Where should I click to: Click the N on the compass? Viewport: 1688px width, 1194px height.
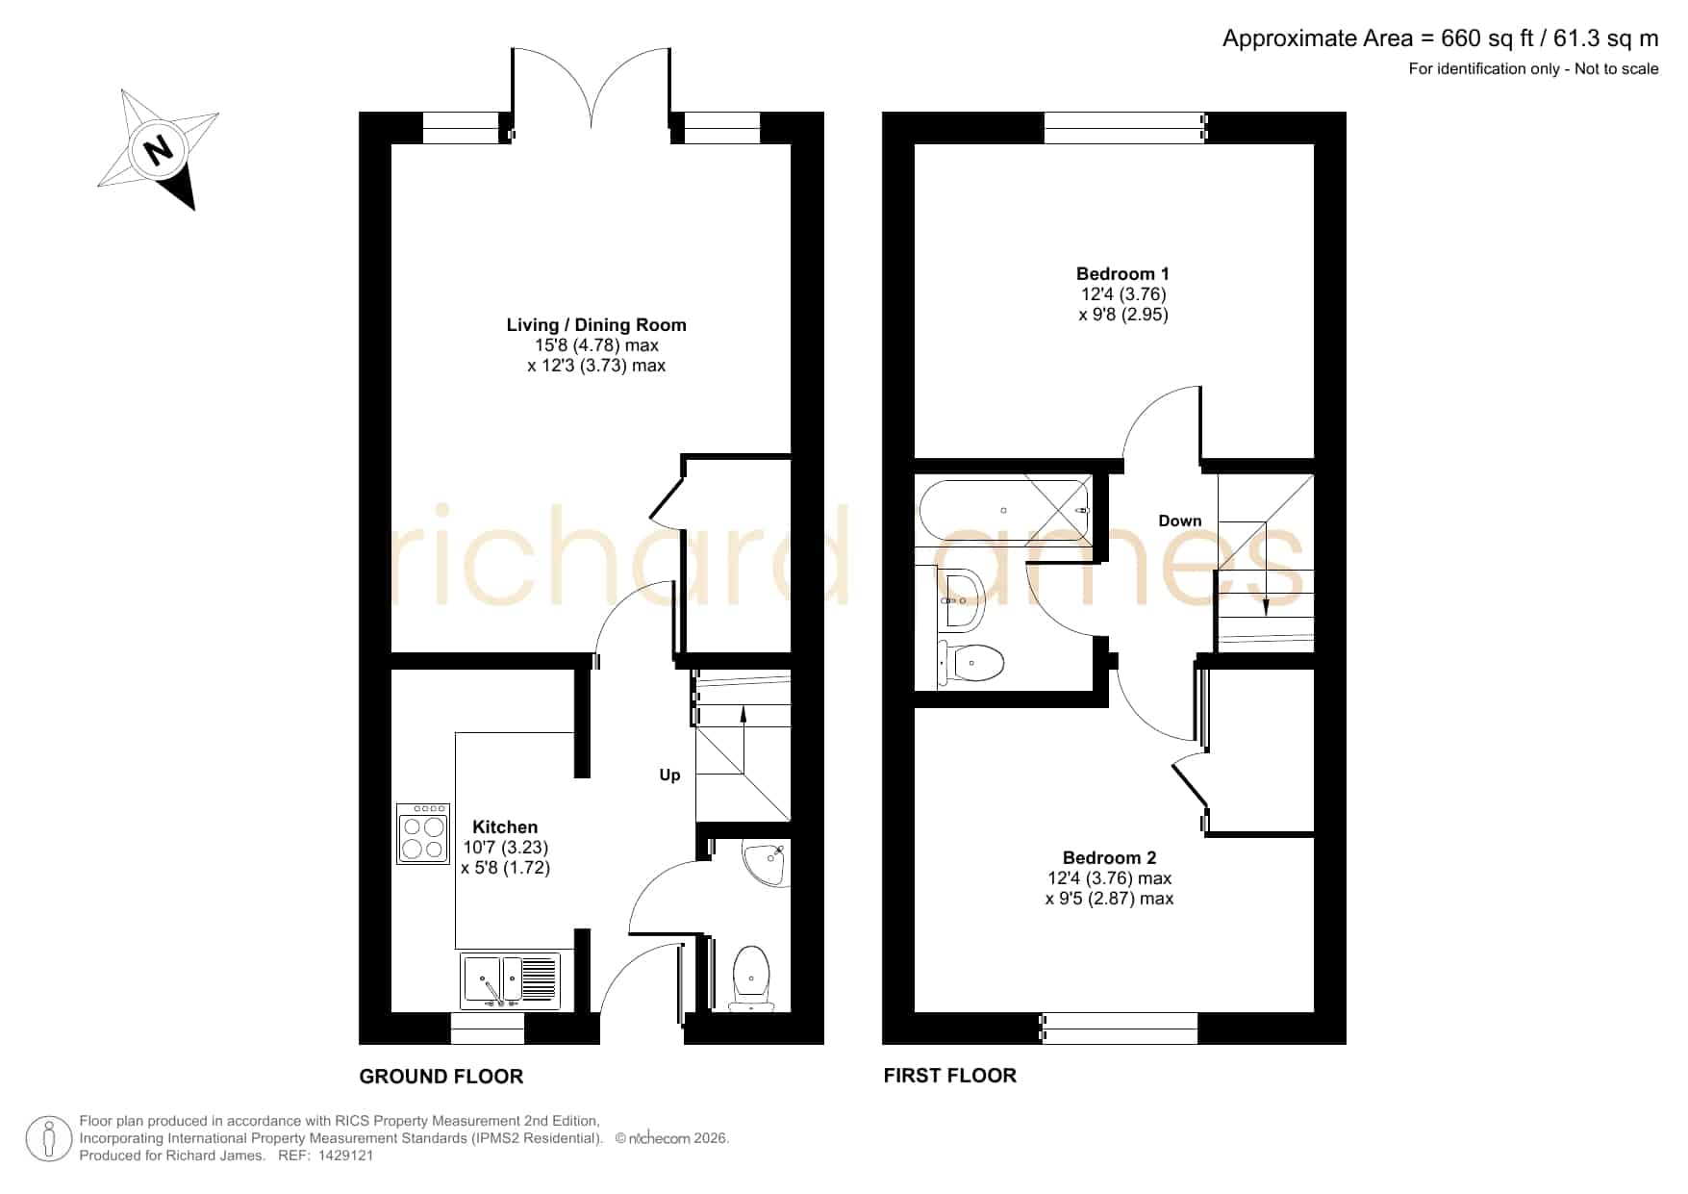pos(158,150)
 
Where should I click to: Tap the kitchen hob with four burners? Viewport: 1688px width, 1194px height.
pos(423,833)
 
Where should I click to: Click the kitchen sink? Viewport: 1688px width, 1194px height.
pos(511,980)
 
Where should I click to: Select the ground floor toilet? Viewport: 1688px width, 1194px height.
pos(751,978)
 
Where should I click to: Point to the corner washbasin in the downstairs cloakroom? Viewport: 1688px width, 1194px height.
pos(767,863)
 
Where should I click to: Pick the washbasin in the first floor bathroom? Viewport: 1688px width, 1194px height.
pos(961,598)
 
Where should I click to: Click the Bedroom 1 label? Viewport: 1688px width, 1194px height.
pos(1122,274)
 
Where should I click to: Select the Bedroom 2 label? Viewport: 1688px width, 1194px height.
pos(1109,857)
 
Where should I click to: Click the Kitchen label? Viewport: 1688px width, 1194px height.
pos(505,826)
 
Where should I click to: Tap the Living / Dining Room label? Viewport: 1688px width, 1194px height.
pos(596,325)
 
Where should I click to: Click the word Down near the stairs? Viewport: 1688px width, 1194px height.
pos(1180,521)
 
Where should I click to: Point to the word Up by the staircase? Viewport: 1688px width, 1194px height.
pos(669,775)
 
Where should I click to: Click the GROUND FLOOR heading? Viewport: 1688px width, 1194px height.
pos(441,1077)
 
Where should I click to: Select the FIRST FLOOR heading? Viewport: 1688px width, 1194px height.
pos(950,1076)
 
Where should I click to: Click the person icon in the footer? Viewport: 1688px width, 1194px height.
pos(48,1138)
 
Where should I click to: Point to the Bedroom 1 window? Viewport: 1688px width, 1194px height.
pos(1124,128)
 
